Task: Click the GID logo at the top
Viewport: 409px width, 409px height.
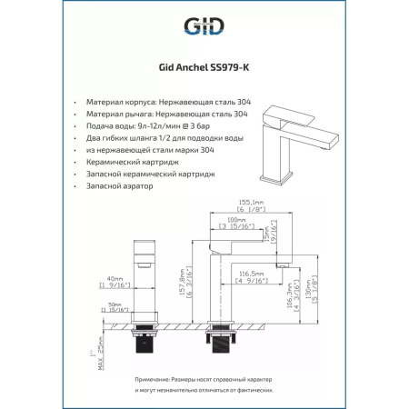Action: (x=204, y=25)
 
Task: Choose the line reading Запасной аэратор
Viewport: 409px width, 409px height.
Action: (x=118, y=185)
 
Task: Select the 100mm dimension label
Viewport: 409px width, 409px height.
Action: (x=236, y=220)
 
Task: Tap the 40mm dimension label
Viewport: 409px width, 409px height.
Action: (x=115, y=279)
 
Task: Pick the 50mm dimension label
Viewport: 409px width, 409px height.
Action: (x=115, y=304)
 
